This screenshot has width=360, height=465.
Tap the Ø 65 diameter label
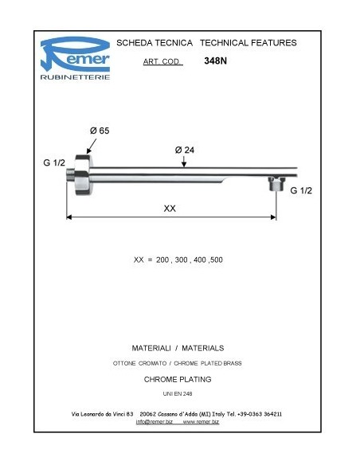click(99, 131)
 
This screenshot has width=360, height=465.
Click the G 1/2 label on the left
click(54, 162)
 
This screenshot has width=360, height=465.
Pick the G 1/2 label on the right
click(302, 191)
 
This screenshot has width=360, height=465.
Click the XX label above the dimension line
click(170, 208)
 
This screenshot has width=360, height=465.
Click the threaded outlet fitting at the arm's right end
click(275, 185)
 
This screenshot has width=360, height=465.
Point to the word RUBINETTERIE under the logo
click(75, 77)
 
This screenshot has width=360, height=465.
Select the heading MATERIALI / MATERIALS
click(177, 348)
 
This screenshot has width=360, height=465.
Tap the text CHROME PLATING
click(177, 379)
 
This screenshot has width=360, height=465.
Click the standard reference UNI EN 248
click(177, 394)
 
